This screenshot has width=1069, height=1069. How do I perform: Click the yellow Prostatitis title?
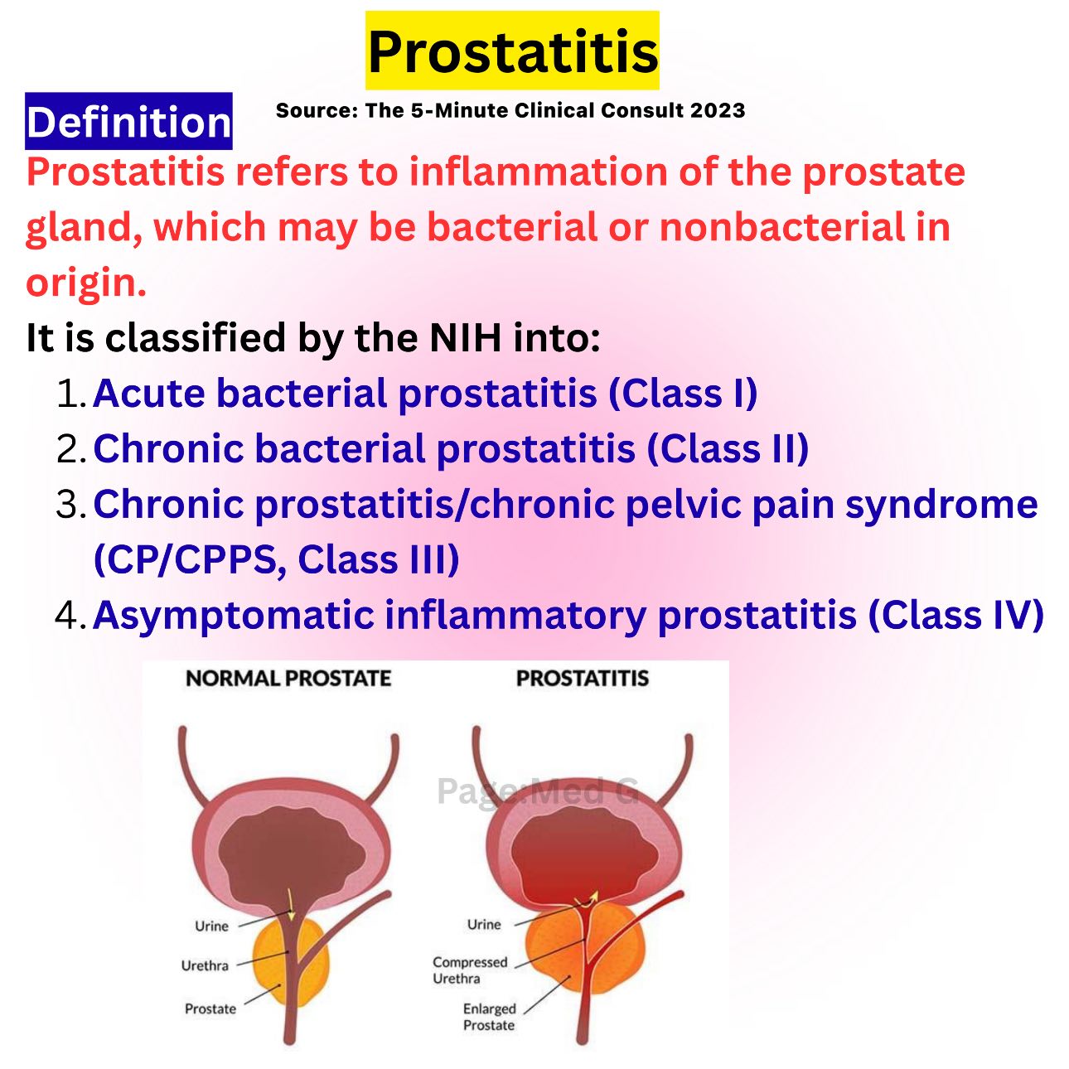pyautogui.click(x=512, y=51)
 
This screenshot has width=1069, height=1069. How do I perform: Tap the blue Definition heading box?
pyautogui.click(x=128, y=121)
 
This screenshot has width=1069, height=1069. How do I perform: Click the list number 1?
pyautogui.click(x=71, y=394)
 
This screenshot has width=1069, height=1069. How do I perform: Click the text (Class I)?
pyautogui.click(x=683, y=394)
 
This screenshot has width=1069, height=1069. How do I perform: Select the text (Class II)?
pyautogui.click(x=728, y=449)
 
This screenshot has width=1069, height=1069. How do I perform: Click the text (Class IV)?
pyautogui.click(x=955, y=615)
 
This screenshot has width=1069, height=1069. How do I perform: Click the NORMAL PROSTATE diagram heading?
pyautogui.click(x=288, y=679)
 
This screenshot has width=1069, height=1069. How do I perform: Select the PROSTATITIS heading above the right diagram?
pyautogui.click(x=583, y=679)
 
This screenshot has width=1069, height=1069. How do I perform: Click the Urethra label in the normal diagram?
pyautogui.click(x=205, y=965)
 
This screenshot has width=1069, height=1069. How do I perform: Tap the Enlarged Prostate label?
pyautogui.click(x=489, y=1017)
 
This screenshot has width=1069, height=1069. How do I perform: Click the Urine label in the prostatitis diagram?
pyautogui.click(x=484, y=925)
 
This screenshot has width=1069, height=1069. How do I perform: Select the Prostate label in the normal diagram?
pyautogui.click(x=210, y=1009)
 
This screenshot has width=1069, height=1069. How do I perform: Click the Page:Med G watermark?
pyautogui.click(x=538, y=792)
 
